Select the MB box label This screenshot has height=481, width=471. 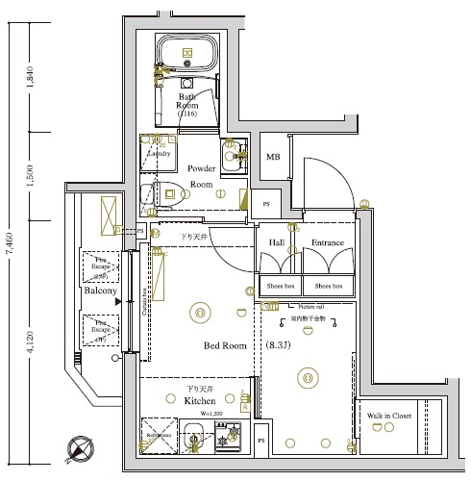coord(273,158)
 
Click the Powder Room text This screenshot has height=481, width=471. coord(201,175)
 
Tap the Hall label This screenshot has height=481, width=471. coord(277,243)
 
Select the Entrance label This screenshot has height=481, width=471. coord(328,243)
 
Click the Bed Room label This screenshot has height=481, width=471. coord(225,345)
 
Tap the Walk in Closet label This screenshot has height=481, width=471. coord(390,416)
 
